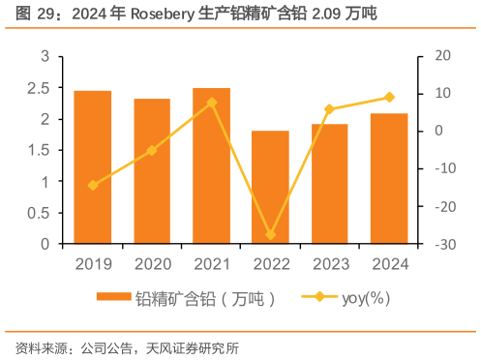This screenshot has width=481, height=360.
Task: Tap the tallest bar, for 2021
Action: click(211, 165)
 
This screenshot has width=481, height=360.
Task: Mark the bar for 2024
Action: click(388, 178)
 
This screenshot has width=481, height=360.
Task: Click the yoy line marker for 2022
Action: click(270, 235)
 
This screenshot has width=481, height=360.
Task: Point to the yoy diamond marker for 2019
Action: click(93, 185)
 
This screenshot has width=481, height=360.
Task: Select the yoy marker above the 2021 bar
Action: click(211, 102)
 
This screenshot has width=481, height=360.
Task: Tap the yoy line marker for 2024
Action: click(388, 97)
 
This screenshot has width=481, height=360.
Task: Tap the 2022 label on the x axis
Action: click(270, 262)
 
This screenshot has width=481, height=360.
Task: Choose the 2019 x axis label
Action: click(93, 262)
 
